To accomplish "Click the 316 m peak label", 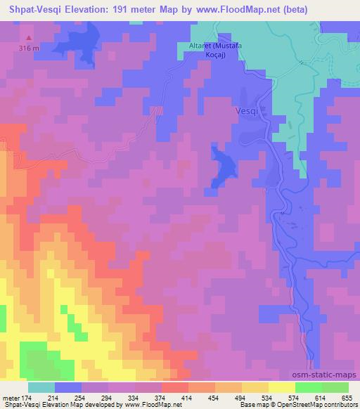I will [28, 47].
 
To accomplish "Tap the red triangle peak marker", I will [28, 38].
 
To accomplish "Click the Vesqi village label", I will [247, 111].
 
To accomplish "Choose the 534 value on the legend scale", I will [268, 397].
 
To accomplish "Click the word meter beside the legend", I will [11, 397].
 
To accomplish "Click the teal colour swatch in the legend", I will [41, 387].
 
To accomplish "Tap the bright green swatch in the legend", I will [309, 387].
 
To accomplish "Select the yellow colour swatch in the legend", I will [282, 387].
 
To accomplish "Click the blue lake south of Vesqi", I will [225, 168].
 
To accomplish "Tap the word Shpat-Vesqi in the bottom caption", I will [22, 405].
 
